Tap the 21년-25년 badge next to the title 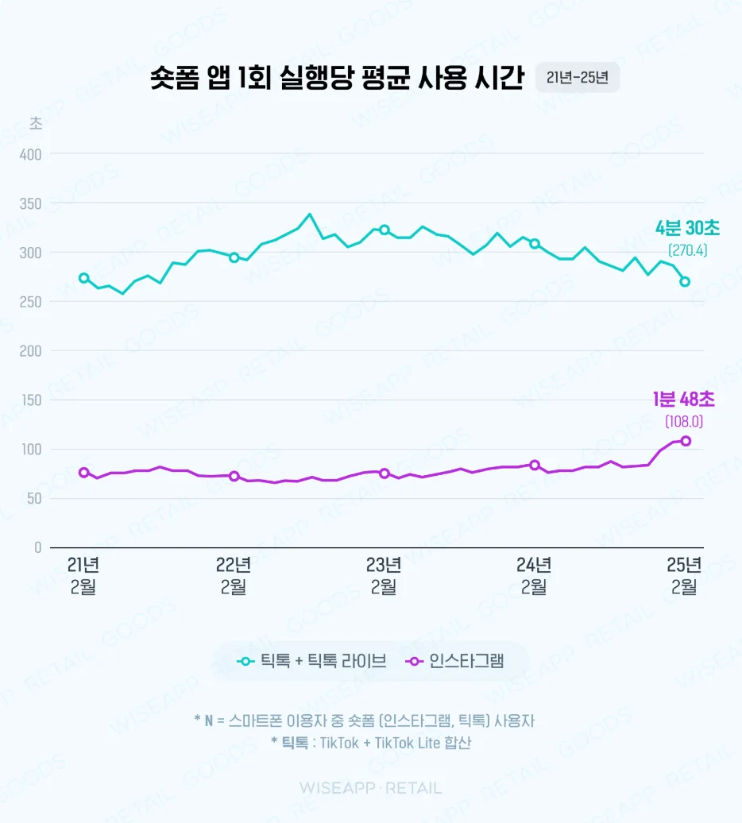click(578, 78)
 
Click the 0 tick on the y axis click(37, 547)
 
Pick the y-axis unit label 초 click(36, 123)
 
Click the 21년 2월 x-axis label click(83, 576)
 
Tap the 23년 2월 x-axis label click(384, 576)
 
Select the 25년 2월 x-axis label click(684, 576)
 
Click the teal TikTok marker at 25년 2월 click(685, 281)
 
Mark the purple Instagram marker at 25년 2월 click(685, 441)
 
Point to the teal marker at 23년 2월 click(385, 230)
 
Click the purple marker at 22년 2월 click(234, 476)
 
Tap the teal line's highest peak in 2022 click(310, 214)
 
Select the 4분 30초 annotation click(687, 229)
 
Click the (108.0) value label click(683, 422)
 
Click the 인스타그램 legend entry click(454, 661)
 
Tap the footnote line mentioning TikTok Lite click(370, 744)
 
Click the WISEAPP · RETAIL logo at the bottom click(370, 788)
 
